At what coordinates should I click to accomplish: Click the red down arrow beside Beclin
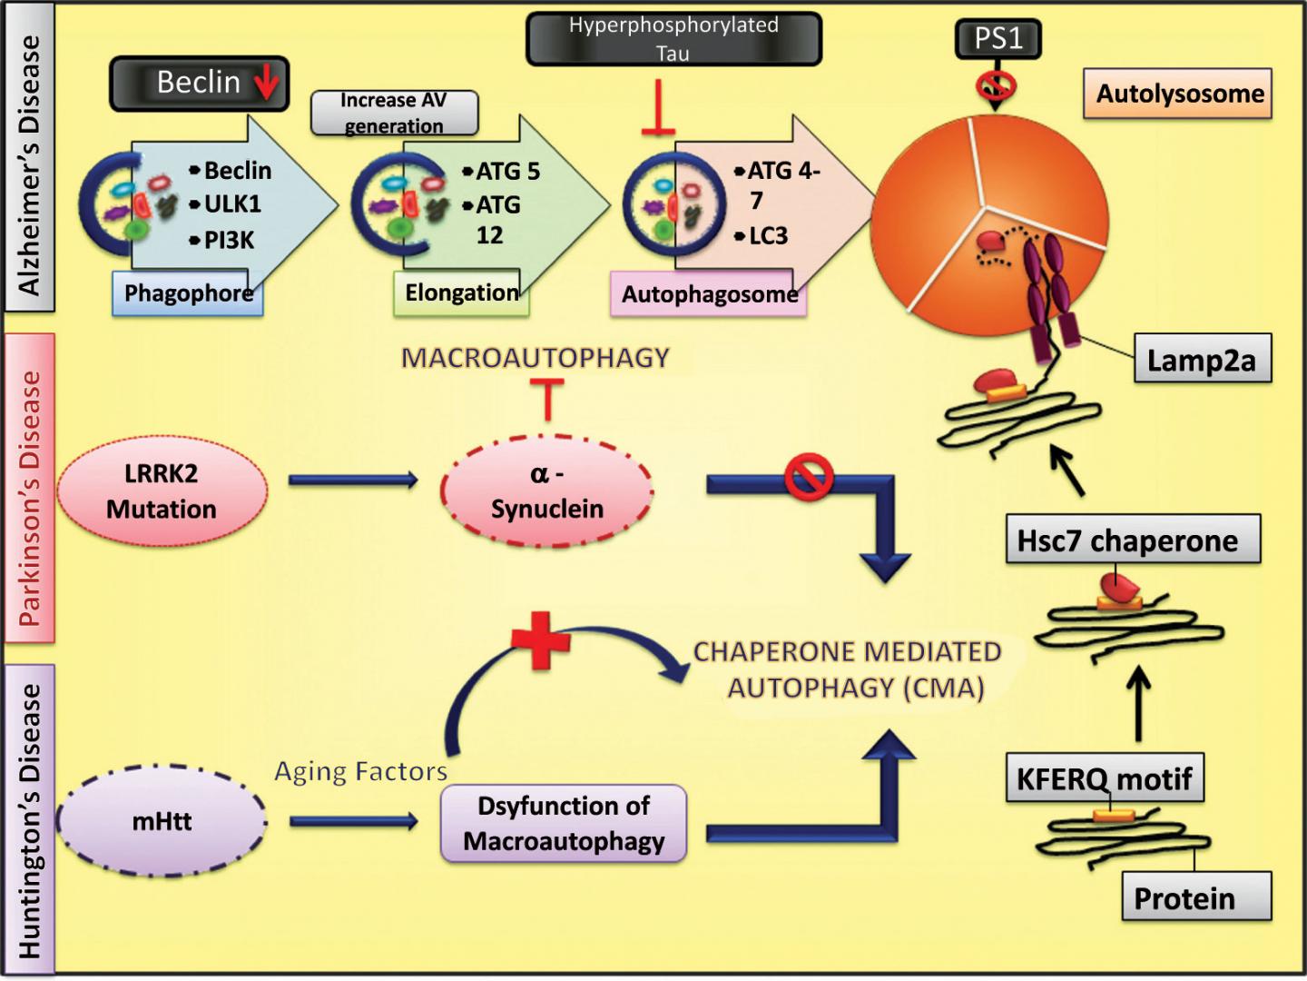[x=267, y=83]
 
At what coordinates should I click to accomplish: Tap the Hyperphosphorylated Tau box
[x=673, y=38]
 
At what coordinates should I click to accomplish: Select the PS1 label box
[x=997, y=38]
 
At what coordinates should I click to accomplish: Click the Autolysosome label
[x=1178, y=94]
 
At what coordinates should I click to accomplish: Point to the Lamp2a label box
[x=1202, y=359]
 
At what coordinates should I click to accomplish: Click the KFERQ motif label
[x=1104, y=778]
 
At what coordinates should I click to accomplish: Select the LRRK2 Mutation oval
[x=162, y=491]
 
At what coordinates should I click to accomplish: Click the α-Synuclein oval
[x=547, y=491]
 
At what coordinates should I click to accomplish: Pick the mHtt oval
[x=162, y=821]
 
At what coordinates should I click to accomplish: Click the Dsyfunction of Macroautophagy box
[x=564, y=823]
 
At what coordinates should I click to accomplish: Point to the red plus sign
[x=541, y=639]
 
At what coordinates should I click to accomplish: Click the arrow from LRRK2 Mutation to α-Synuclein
[x=353, y=480]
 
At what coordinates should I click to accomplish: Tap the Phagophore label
[x=188, y=293]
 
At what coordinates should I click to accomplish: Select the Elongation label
[x=461, y=293]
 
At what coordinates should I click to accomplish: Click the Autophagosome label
[x=709, y=295]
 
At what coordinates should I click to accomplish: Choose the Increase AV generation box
[x=394, y=113]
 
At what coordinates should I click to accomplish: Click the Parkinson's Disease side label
[x=30, y=489]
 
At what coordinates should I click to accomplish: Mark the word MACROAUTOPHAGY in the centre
[x=536, y=358]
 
